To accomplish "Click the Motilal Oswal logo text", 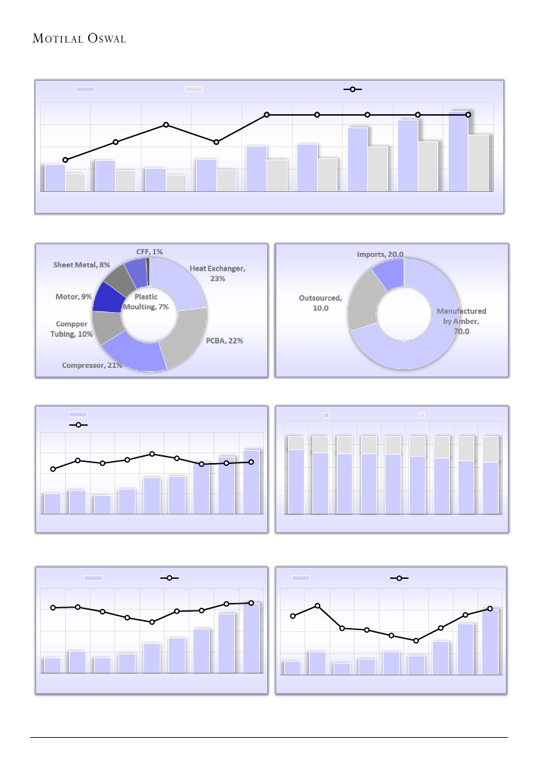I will [x=79, y=38].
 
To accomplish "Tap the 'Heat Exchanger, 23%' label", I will [x=216, y=273].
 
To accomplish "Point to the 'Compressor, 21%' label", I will [x=92, y=365].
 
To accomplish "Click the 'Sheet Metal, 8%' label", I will [x=82, y=265].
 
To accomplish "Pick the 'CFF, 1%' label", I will [x=149, y=252].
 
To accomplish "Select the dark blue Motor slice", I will [x=108, y=298].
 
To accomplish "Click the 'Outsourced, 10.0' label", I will [x=320, y=303].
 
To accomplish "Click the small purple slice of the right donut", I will [x=388, y=272].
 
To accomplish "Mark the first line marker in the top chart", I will [x=65, y=160].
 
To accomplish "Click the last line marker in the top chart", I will [x=468, y=114].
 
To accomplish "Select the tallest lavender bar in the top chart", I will [x=458, y=151].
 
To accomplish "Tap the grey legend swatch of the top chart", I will [x=193, y=89].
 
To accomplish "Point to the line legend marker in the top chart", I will [x=353, y=89].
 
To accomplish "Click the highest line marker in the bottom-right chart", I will [x=318, y=606].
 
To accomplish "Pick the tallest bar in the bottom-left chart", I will [x=251, y=637].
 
